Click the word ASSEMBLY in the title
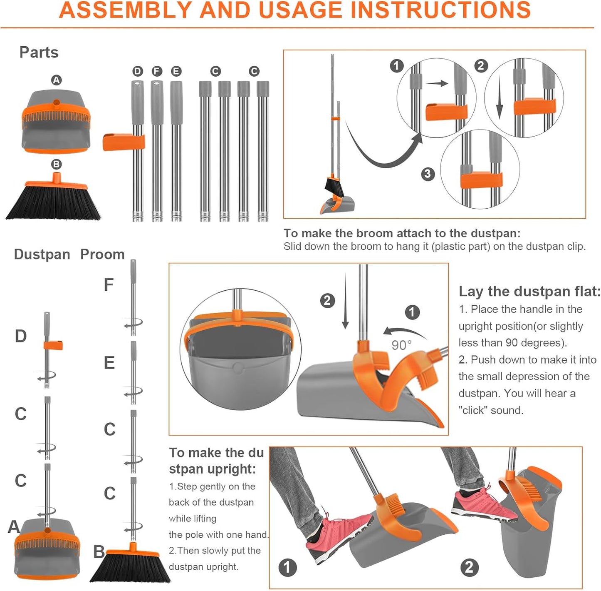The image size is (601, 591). coord(126,10)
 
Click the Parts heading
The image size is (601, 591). coord(39,52)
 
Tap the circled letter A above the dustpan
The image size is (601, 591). coord(56,80)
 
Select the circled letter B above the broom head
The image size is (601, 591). coord(56,164)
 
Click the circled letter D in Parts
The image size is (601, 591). coord(138,71)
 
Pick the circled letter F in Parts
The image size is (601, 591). coord(157,71)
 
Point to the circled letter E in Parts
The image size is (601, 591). coord(176,71)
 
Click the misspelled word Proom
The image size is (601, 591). coord(102,254)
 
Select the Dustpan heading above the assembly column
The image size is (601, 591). coord(42,254)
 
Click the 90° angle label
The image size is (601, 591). coord(401,345)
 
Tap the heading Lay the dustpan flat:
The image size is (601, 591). coord(529,292)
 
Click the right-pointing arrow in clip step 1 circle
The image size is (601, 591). coord(437,83)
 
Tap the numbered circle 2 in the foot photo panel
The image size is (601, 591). coord(469,567)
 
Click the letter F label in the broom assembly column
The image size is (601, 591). coord(109,285)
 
